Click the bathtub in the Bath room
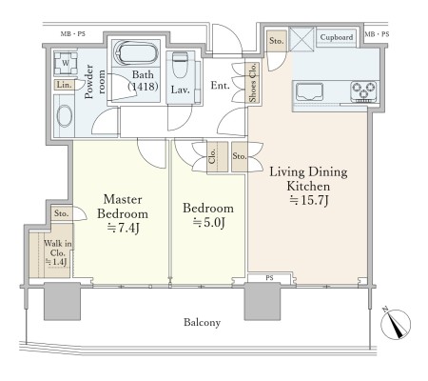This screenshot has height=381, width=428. tap(135, 53)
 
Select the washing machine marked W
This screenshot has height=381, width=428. tap(66, 63)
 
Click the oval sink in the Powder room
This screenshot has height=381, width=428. tap(65, 116)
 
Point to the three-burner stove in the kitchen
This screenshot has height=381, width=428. tap(363, 91)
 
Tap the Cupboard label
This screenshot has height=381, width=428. tap(337, 37)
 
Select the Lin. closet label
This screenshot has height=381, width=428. tap(65, 85)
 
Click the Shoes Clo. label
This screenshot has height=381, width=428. tap(253, 83)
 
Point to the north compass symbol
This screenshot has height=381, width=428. tap(395, 324)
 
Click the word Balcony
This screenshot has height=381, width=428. tap(202, 323)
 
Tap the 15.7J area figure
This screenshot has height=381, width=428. tap(309, 201)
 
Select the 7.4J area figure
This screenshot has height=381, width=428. tap(124, 228)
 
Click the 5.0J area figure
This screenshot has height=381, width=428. tap(209, 223)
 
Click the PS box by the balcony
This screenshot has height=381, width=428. tap(269, 278)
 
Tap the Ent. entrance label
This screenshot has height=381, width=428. tap(220, 86)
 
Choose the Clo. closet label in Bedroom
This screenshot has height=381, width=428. tap(212, 156)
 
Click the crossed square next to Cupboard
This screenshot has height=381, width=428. tap(302, 39)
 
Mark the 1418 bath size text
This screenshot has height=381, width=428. tap(143, 86)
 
